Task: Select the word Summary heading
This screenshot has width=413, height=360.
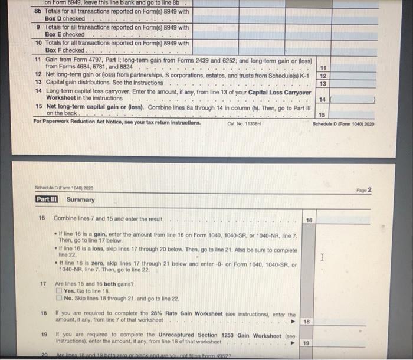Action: [80, 199]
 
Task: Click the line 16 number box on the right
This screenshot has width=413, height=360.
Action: [309, 219]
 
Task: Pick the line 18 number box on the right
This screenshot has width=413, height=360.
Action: [306, 322]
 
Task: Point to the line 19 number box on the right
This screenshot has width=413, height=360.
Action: [306, 342]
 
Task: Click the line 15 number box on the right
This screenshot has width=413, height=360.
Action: [322, 114]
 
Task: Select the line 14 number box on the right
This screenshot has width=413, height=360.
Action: [322, 100]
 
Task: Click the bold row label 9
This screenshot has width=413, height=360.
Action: [38, 27]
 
